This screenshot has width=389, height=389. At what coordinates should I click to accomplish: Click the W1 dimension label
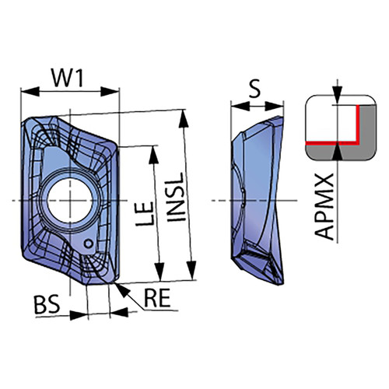(68, 78)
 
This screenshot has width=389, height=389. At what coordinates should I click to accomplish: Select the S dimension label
(254, 89)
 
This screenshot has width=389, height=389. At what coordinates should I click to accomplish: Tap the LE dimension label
(145, 213)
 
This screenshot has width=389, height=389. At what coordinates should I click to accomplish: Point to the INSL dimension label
(177, 198)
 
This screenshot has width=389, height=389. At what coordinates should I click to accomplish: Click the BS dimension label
(47, 304)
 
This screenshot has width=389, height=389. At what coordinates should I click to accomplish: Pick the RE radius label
(157, 298)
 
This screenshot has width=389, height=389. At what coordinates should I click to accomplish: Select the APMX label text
(324, 207)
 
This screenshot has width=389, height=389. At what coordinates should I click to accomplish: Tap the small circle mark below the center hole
(89, 244)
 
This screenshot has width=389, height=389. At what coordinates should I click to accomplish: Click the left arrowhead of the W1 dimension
(30, 91)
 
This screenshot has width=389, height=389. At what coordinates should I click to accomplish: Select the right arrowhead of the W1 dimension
(110, 91)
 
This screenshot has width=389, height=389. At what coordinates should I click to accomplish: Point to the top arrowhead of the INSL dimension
(184, 118)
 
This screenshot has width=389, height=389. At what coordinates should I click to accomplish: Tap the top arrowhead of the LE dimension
(154, 155)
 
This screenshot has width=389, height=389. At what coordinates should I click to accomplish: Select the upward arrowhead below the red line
(337, 151)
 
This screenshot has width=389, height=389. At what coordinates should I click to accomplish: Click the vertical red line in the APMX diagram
(358, 124)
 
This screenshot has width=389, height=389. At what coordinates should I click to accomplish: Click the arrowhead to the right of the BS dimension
(119, 313)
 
